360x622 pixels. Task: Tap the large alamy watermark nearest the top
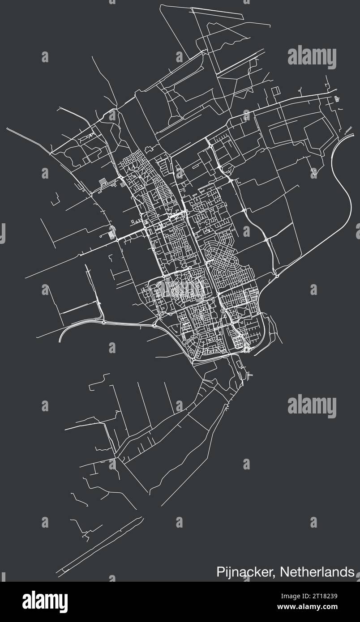pos(312,58)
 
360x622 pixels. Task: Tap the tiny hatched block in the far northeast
pos(336,99)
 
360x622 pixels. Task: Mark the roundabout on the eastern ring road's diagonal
pos(277,276)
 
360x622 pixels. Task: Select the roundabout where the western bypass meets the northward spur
pos(104,322)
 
